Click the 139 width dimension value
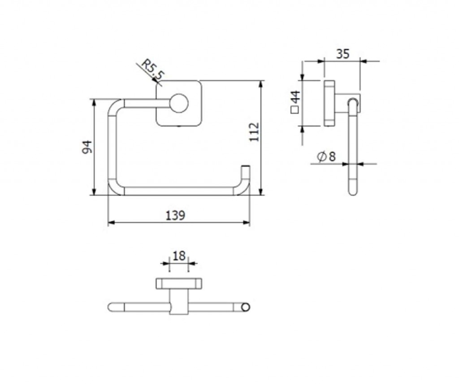176,216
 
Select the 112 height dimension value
255,132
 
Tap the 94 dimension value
87,147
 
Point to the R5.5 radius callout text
152,70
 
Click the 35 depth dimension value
342,54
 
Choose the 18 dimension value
179,256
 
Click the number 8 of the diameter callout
332,157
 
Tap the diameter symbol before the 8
322,157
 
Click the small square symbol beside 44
294,110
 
